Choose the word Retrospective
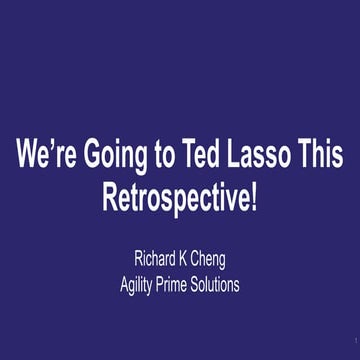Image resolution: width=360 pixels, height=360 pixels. click(175, 199)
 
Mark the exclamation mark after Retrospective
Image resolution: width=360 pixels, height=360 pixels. click(253, 198)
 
